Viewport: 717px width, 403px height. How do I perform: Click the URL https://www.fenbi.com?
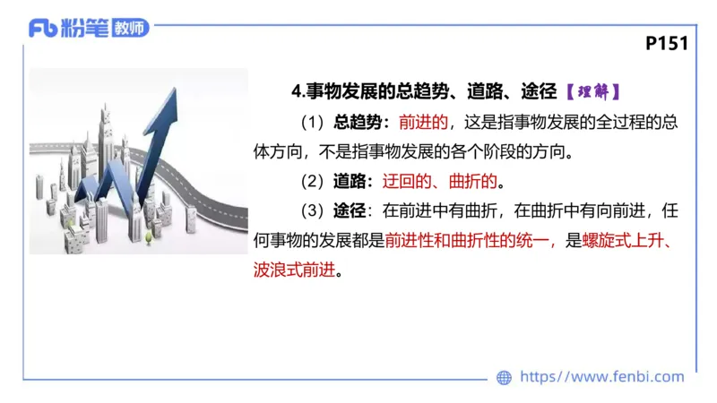point(601,377)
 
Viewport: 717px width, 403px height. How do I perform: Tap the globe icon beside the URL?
point(504,378)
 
